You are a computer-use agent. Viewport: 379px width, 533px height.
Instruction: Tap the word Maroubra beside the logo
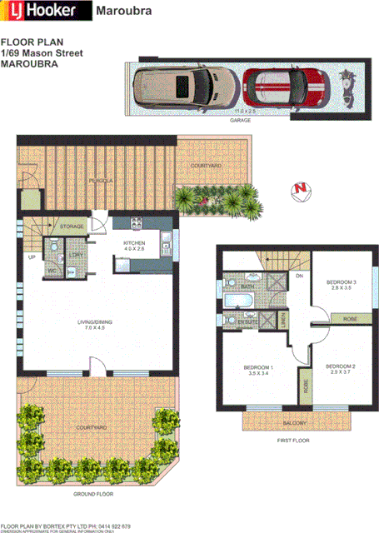(122, 12)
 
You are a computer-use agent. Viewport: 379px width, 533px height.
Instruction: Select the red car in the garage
(287, 89)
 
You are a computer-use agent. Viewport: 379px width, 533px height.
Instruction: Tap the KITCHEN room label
(135, 222)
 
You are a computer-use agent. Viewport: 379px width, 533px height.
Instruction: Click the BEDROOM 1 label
(258, 366)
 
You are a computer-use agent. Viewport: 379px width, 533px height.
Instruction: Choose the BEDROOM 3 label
(342, 282)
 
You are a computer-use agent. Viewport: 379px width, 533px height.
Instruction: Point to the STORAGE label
(72, 226)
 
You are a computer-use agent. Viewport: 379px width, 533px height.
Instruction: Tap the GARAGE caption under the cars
(241, 120)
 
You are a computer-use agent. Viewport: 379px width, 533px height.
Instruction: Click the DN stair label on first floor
(298, 276)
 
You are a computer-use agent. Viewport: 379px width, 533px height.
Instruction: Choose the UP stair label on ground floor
(32, 257)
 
